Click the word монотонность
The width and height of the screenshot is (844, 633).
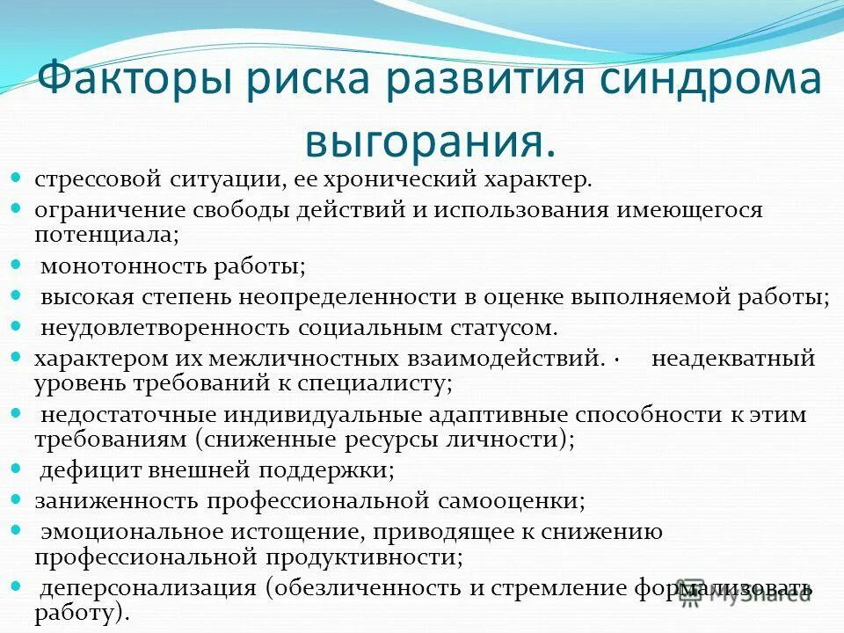tap(115, 266)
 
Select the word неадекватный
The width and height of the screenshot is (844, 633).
tap(733, 358)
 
